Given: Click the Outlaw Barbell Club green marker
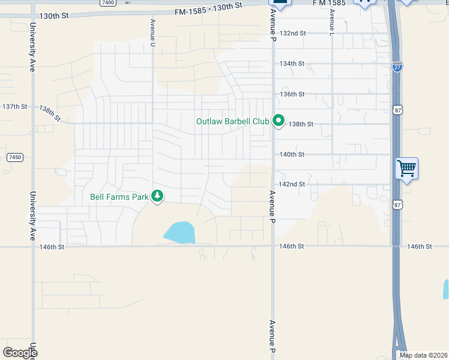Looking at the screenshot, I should [x=279, y=121].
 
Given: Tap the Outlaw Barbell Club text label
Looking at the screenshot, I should [x=232, y=121].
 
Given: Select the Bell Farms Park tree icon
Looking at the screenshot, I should [x=157, y=196].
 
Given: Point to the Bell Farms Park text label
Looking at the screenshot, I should [x=119, y=196].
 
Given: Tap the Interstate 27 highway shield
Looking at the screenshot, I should [x=398, y=67].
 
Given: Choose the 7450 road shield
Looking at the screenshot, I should [x=15, y=157].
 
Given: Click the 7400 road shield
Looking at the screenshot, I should [x=108, y=3].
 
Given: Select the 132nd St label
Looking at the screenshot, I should [x=293, y=33].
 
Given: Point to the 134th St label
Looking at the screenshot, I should [x=292, y=64].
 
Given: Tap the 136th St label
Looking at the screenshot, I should [x=292, y=94].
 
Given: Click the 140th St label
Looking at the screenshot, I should [x=292, y=154].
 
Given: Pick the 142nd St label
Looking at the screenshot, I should [x=292, y=184].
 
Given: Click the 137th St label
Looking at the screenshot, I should [x=15, y=106].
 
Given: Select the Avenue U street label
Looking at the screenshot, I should [x=153, y=32].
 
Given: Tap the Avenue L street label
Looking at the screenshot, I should [x=331, y=20].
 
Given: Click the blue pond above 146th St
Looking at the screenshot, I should [x=179, y=232].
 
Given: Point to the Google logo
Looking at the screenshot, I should [x=20, y=353].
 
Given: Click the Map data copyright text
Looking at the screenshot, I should [x=423, y=355].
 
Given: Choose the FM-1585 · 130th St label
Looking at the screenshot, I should [x=208, y=9].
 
